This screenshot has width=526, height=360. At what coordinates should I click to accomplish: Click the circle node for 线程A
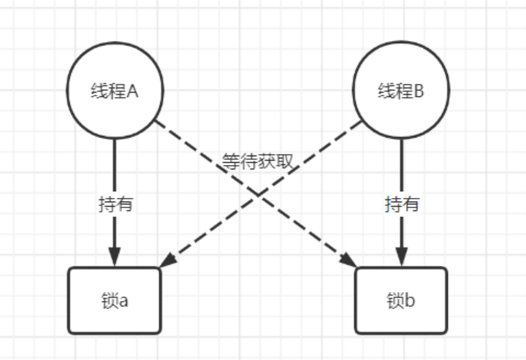coord(115,91)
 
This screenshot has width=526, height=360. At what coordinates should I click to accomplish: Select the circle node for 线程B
coord(401,91)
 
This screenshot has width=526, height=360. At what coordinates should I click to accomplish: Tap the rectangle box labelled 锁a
coord(115,300)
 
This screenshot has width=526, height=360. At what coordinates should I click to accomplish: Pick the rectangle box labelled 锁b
coord(401,300)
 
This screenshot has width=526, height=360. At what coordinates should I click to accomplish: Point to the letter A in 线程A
coord(133,91)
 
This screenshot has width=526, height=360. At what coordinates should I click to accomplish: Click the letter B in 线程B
coord(419,91)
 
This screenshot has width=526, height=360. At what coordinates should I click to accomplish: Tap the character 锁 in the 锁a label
coord(110,300)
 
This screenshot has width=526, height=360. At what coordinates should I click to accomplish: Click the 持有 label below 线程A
coord(115,204)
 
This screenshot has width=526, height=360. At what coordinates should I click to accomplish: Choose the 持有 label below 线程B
coord(401,204)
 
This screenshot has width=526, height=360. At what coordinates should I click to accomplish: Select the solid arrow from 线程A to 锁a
coord(115,175)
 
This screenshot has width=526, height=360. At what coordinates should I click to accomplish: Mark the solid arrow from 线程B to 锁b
coord(401,175)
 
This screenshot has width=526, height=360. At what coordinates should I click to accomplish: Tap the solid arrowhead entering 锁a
coord(115,257)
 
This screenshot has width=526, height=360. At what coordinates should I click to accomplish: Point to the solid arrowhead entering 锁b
coord(401,257)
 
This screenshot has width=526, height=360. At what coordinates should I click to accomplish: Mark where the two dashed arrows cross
coord(258,193)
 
